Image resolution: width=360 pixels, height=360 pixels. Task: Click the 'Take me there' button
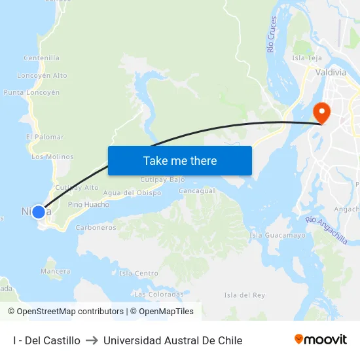pos(180,160)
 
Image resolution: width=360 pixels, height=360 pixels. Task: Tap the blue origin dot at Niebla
pos(39,212)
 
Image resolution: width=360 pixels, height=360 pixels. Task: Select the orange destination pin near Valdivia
pos(321,112)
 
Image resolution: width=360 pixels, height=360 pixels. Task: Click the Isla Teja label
pos(306,58)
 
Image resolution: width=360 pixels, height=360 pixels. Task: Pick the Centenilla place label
pos(41,58)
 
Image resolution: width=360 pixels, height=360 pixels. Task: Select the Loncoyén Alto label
pos(42,76)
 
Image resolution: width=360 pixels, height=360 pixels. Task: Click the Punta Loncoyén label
pos(31,93)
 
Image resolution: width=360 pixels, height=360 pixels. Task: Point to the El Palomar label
pos(45,137)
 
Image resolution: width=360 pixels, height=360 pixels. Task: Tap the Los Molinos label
pos(52,157)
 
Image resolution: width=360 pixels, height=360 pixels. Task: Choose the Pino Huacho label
pos(88,205)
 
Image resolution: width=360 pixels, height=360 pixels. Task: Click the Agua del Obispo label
pos(132,193)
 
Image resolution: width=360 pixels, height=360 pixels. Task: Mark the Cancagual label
pos(197,191)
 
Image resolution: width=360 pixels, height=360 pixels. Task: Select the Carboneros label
pos(96,228)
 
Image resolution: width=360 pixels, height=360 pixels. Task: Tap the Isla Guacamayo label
pos(278,235)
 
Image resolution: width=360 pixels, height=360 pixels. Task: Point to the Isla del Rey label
pos(244,295)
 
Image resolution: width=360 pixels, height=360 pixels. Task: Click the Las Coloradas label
pos(158,295)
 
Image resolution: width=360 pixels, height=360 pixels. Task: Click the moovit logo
pos(321,340)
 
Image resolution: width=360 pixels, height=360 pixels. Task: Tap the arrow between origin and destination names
pos(92,341)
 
